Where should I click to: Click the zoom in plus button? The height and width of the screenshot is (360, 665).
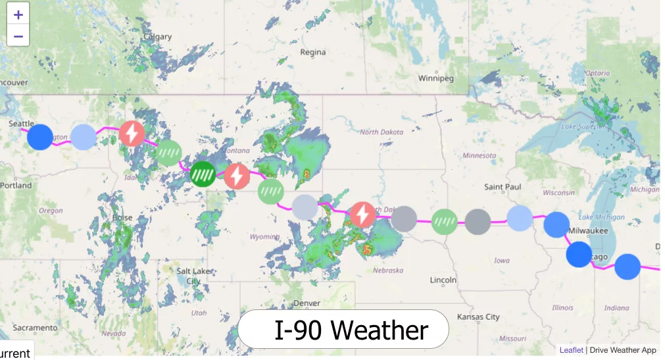coord(18,14)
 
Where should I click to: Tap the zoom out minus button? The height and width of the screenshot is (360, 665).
coord(18,36)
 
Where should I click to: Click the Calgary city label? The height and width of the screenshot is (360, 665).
coord(157,37)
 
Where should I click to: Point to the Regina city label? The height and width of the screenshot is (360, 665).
coord(312,52)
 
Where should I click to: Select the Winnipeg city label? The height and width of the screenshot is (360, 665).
coord(436,78)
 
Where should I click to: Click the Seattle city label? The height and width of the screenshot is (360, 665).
coord(21,124)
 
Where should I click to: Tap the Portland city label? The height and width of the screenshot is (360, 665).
coord(16,186)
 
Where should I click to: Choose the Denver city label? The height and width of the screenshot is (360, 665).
coord(307,303)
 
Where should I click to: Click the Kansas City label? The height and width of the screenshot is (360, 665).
coord(478,317)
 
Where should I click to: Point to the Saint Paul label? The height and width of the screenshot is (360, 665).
coord(503,187)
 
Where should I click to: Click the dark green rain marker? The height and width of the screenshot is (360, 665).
coord(203,174)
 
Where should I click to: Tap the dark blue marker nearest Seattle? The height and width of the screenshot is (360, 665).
coord(40,137)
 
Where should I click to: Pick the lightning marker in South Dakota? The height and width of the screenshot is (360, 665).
coord(361,215)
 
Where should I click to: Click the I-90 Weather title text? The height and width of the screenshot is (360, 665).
coord(351,330)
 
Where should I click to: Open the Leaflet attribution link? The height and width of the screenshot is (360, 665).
coord(571,350)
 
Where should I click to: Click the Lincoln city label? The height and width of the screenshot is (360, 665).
coord(443,280)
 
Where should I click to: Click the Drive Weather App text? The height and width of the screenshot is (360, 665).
coord(623,350)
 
